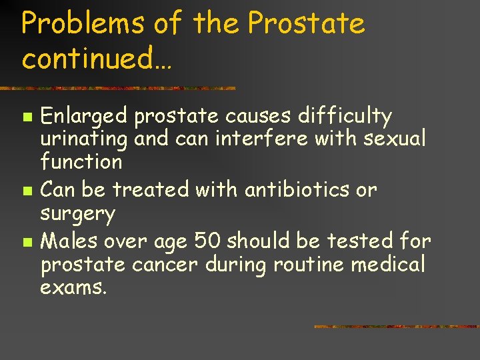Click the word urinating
pos(84,139)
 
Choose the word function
pos(81,161)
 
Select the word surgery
pos(78,215)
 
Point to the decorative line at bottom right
pos(396,327)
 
